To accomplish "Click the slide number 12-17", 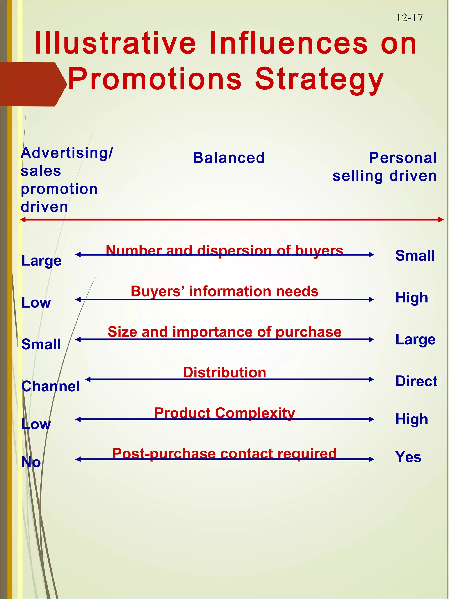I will [x=409, y=18].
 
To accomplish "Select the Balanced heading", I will [x=229, y=158].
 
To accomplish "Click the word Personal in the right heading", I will [x=403, y=158].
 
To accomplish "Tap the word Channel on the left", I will [x=50, y=386].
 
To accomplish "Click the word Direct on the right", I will [x=416, y=381].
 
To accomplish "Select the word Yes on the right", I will [x=408, y=457].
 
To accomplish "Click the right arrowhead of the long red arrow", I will [x=441, y=220].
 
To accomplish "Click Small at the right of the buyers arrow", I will [x=415, y=255].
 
